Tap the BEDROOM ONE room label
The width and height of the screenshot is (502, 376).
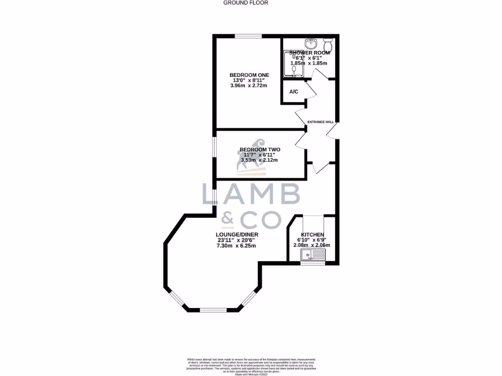[x=250, y=75]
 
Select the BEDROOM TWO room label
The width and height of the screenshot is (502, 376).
[x=260, y=149]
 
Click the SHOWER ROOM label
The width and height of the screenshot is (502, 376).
[x=308, y=52]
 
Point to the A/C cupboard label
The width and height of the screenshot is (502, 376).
[x=294, y=92]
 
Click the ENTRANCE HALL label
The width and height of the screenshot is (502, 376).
[x=321, y=122]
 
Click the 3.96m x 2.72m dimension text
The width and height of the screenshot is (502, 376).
[x=249, y=86]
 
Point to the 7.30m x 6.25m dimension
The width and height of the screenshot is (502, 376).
[x=237, y=246]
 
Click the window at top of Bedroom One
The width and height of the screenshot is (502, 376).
[x=248, y=35]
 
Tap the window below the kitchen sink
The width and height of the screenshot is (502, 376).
[x=313, y=264]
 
